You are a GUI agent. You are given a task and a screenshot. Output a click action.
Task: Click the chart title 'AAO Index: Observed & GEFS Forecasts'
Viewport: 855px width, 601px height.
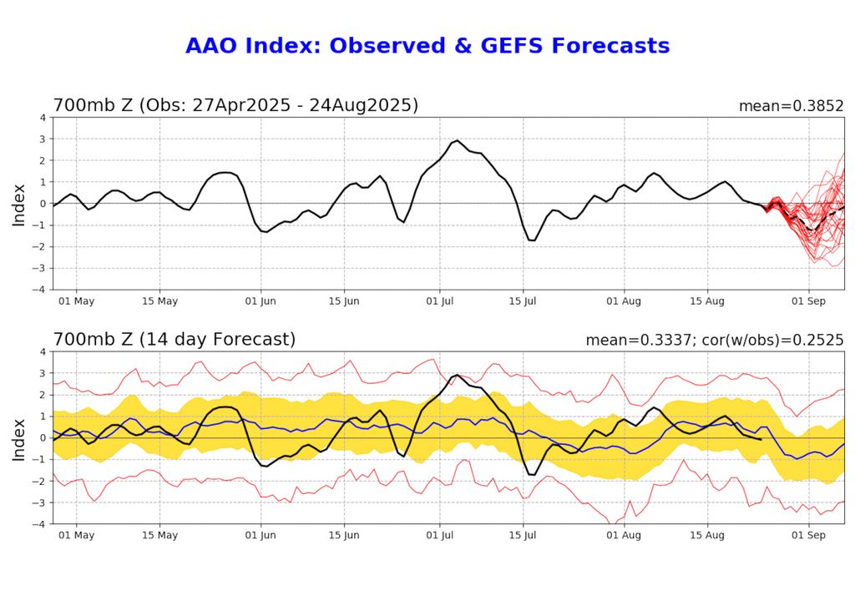point(427,46)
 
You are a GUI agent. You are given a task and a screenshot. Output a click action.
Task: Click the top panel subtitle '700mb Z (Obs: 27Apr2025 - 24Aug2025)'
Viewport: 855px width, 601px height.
point(235,106)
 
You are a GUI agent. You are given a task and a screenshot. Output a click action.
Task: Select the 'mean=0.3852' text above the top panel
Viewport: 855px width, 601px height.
point(791,107)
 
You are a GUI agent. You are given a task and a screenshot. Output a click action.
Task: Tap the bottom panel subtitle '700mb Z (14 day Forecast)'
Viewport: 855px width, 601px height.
point(174,340)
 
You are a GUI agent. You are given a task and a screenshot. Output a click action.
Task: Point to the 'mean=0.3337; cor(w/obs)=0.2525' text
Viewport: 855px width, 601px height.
point(715,341)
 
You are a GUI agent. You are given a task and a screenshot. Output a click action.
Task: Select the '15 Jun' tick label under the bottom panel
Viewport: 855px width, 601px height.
point(344,535)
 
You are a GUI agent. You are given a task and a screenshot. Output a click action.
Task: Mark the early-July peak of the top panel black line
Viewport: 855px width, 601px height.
point(457,140)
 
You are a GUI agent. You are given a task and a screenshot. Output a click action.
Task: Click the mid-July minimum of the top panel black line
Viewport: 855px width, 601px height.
point(532,240)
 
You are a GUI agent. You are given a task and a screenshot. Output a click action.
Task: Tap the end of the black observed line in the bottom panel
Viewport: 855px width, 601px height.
point(760,439)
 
